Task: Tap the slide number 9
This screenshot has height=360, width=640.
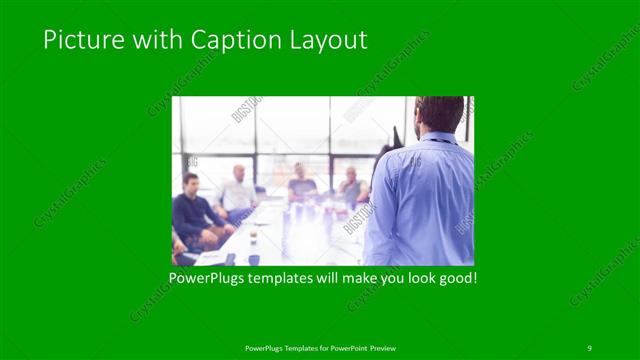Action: click(x=589, y=347)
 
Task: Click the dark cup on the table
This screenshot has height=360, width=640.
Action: click(x=252, y=238)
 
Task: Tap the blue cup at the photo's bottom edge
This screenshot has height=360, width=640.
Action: click(x=254, y=260)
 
